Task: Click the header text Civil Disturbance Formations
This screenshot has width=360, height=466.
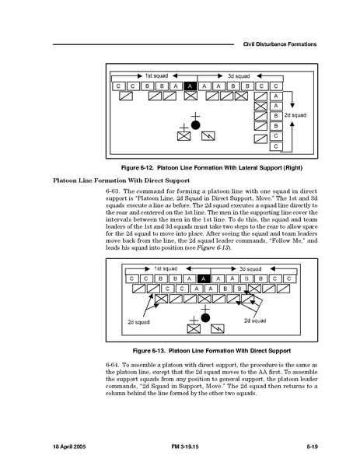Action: click(x=279, y=44)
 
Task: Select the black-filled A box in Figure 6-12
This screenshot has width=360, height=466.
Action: click(x=190, y=86)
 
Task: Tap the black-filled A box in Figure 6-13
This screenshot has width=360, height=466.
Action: click(x=204, y=279)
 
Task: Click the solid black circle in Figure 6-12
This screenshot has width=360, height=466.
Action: click(x=195, y=125)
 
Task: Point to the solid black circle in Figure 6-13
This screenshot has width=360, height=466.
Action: click(x=205, y=317)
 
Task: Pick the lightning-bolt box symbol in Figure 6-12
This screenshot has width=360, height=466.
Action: click(x=208, y=136)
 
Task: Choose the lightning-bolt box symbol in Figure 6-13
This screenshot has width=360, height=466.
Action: click(x=218, y=329)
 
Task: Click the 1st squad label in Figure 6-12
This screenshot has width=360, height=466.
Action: click(x=156, y=75)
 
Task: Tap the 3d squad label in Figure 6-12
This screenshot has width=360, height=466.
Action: click(x=239, y=76)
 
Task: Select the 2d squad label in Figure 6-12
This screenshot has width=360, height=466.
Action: click(x=295, y=115)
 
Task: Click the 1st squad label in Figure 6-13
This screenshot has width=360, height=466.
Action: click(x=166, y=268)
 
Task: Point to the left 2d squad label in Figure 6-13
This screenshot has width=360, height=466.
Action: click(x=138, y=322)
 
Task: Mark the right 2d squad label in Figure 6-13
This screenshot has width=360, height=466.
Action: click(x=255, y=321)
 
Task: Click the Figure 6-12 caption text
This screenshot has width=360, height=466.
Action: click(x=211, y=167)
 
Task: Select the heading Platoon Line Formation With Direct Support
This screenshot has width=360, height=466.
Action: click(x=121, y=180)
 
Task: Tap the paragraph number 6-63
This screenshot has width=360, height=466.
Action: click(x=113, y=191)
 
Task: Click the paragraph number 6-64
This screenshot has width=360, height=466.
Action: click(x=113, y=365)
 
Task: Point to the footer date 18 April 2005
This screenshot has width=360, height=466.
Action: click(x=69, y=447)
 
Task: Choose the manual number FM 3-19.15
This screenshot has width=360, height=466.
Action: click(x=185, y=447)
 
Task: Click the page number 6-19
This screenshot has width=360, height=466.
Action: click(x=313, y=447)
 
